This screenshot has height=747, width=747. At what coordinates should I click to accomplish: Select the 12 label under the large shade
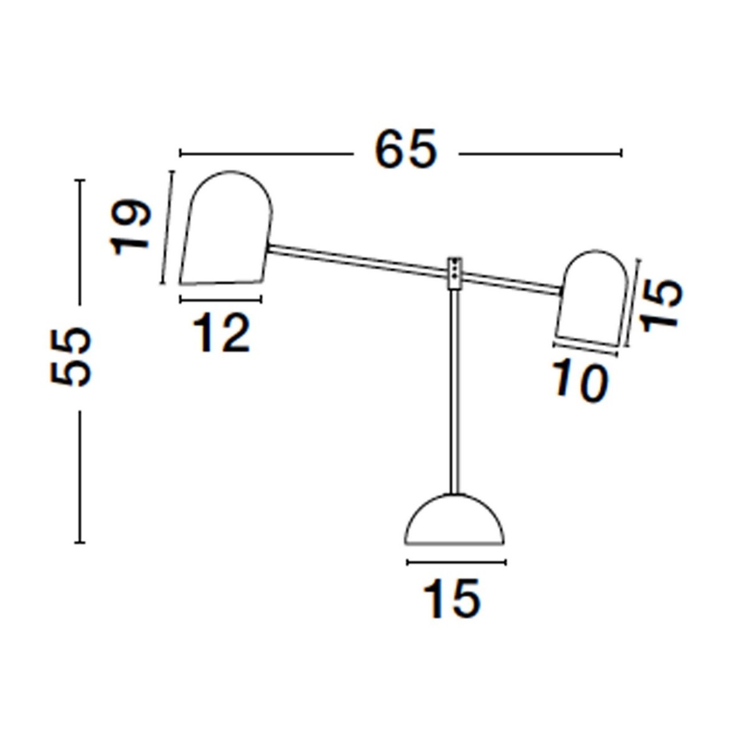[221, 333]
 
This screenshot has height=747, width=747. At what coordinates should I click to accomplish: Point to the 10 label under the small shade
[580, 382]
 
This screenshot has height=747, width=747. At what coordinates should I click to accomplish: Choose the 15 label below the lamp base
[452, 599]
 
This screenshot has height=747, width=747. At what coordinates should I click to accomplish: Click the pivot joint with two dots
[456, 273]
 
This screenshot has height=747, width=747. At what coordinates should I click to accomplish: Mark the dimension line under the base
[456, 563]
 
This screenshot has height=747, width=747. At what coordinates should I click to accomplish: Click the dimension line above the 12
[221, 300]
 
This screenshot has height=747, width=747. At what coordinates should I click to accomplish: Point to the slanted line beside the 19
[167, 227]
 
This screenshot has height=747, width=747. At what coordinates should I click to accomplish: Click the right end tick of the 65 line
[621, 153]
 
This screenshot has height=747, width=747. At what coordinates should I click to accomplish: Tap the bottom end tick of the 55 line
[79, 542]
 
